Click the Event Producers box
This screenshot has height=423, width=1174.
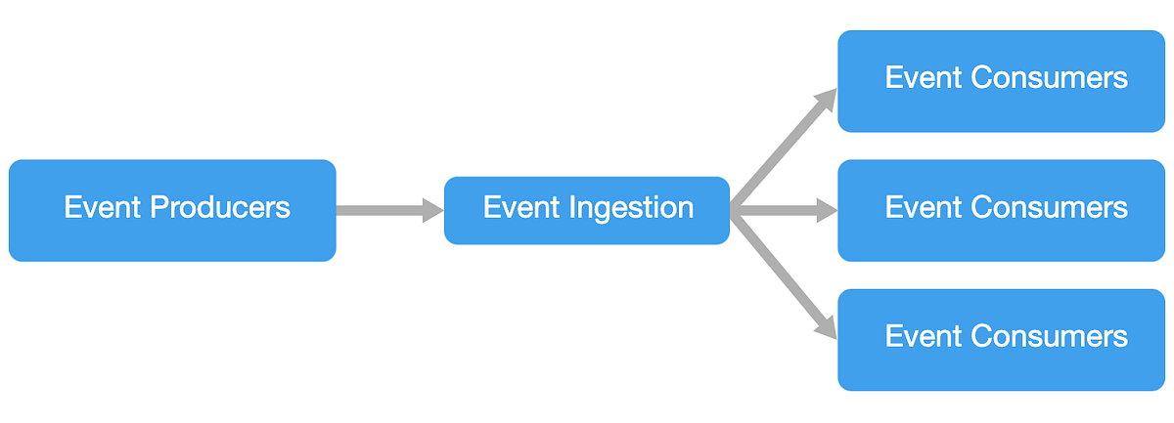172,210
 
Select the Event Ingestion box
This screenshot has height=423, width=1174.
587,210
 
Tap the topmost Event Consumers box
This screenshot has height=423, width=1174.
1001,81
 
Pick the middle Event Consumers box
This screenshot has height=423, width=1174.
1001,210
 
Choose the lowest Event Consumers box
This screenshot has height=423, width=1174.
1001,339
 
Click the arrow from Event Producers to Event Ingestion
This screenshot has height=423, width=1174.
382,210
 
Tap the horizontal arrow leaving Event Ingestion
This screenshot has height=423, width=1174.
778,210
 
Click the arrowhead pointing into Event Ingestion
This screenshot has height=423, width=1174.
433,210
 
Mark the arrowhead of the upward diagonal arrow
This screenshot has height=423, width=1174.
827,100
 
